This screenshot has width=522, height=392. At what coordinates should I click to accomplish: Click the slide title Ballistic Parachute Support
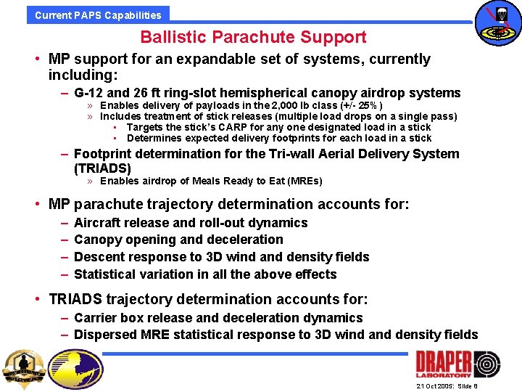(x=253, y=37)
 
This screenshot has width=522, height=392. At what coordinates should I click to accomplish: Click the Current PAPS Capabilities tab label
(x=98, y=15)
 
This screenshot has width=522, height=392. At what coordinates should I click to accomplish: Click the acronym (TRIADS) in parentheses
(x=103, y=168)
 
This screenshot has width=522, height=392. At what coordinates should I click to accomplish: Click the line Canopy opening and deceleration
(x=178, y=240)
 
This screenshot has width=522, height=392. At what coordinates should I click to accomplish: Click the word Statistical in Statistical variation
(x=106, y=274)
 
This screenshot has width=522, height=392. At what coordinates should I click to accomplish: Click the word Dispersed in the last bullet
(x=106, y=335)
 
